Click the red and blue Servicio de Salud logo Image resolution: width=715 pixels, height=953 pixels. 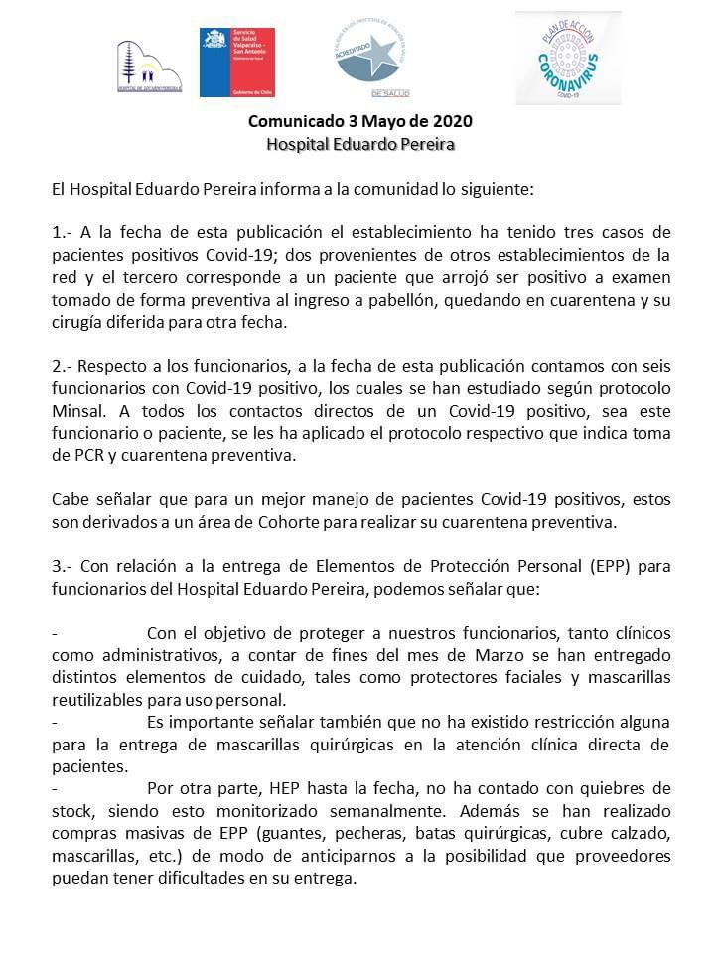(236, 63)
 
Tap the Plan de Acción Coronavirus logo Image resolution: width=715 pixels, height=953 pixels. (568, 58)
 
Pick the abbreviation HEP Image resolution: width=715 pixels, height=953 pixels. (287, 789)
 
